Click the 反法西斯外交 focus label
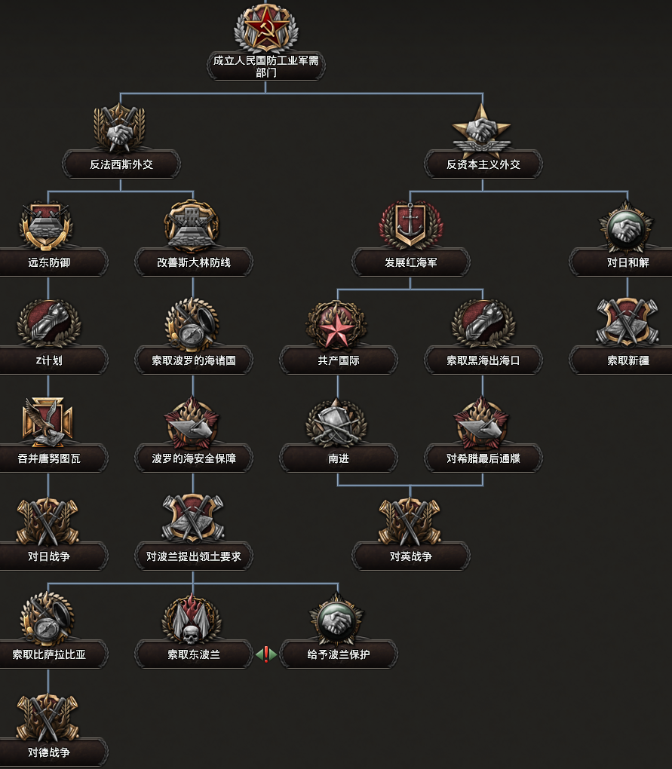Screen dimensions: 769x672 [x=121, y=164]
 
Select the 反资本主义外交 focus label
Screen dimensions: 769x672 [x=483, y=164]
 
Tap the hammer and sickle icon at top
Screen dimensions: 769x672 [x=265, y=27]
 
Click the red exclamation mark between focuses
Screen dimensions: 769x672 [x=265, y=654]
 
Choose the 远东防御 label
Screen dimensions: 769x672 [x=49, y=262]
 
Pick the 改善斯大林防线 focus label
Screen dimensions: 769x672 [x=194, y=262]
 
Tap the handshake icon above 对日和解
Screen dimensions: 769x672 [x=628, y=224]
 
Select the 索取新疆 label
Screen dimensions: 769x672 [x=628, y=360]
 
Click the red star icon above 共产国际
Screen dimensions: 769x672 [x=338, y=323]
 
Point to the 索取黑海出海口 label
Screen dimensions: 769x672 [x=483, y=360]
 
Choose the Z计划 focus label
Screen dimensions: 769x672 [x=49, y=360]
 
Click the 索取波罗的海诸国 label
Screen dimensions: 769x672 [x=194, y=360]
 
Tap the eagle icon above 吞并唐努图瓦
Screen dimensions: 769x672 [x=49, y=421]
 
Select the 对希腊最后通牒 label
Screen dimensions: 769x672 [x=483, y=458]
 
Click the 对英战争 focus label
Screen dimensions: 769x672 [x=411, y=556]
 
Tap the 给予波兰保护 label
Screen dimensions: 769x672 [x=339, y=654]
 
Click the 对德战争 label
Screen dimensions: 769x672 [x=49, y=752]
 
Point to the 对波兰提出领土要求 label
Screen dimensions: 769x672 [x=194, y=556]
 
